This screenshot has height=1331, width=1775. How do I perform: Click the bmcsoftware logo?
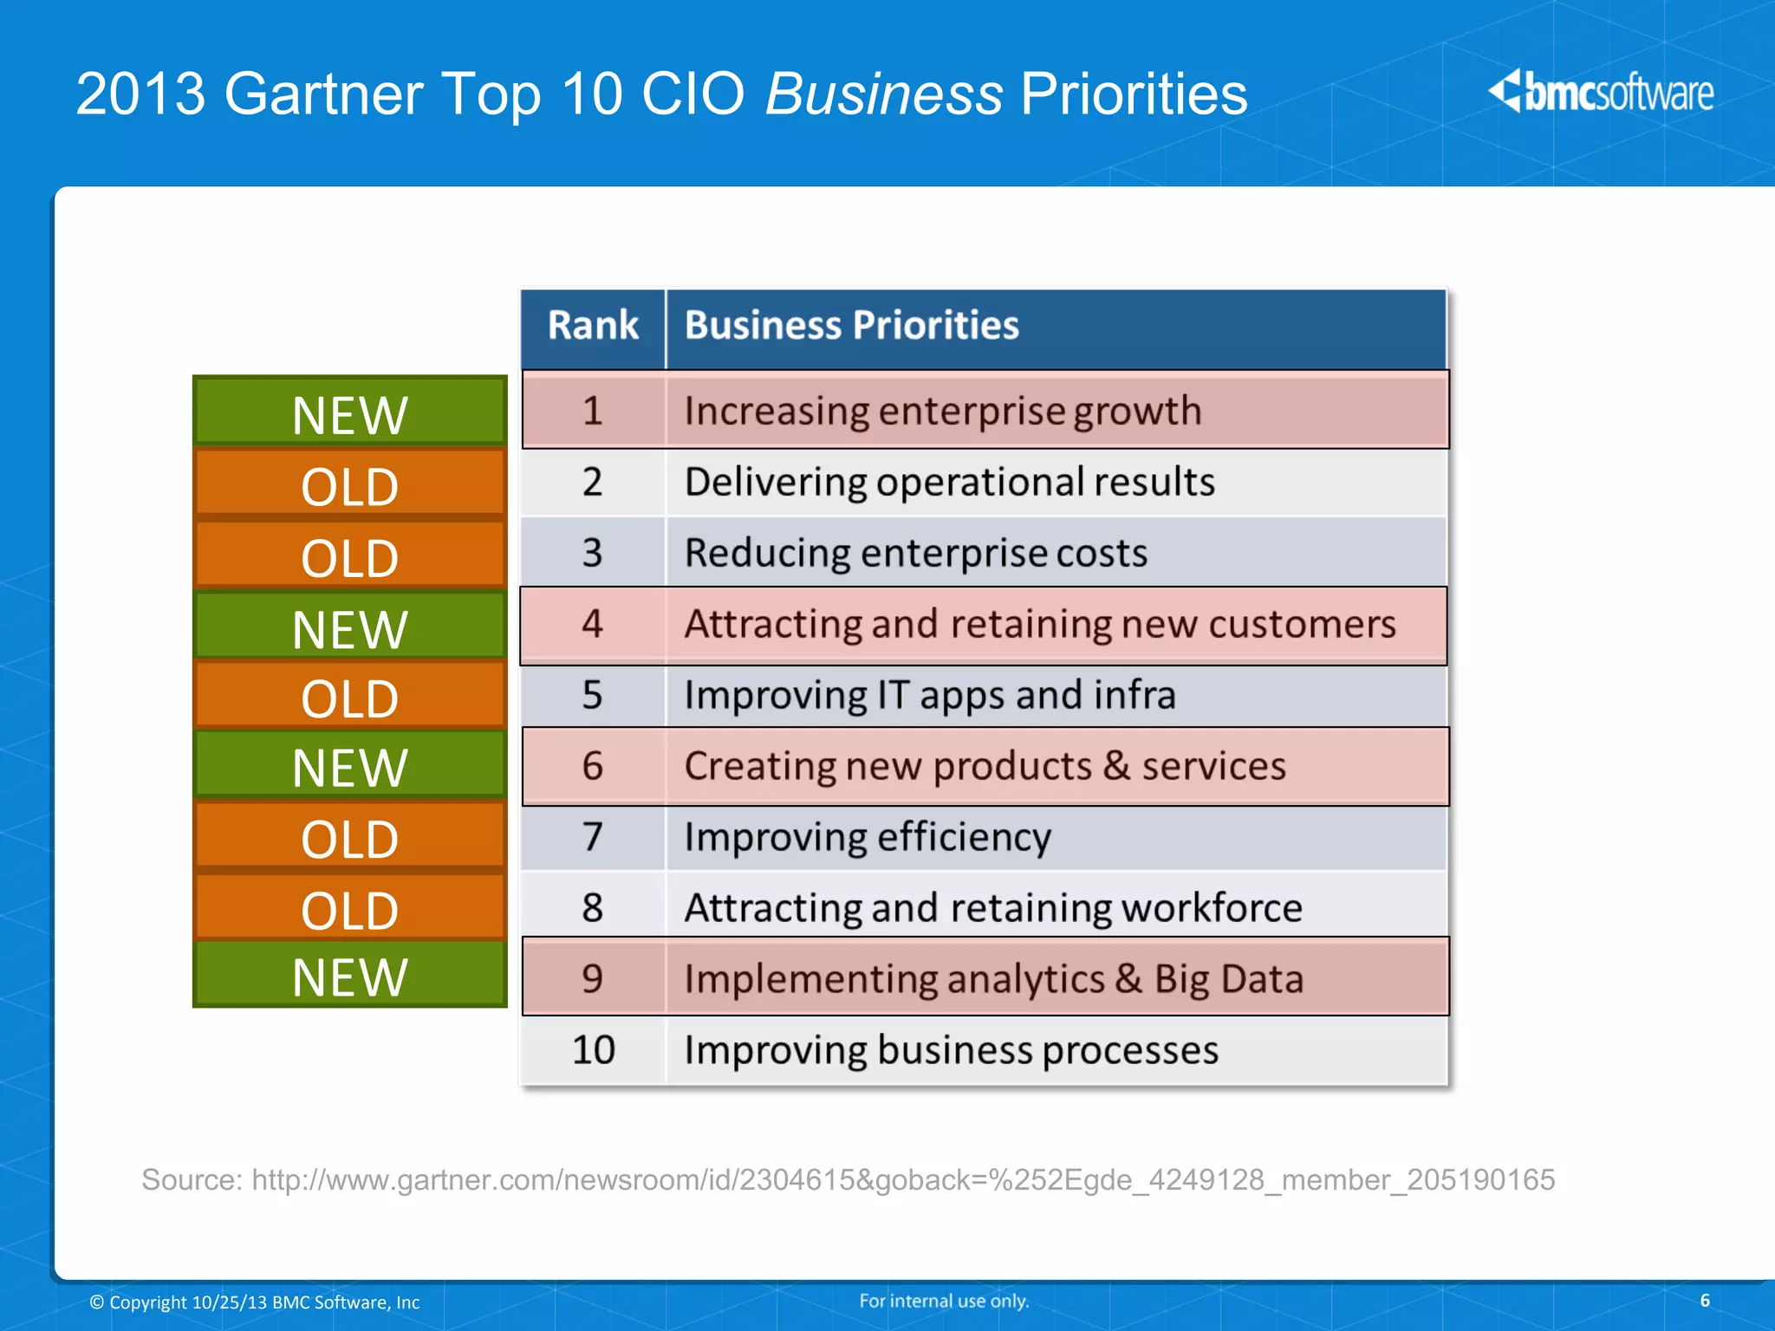(1600, 93)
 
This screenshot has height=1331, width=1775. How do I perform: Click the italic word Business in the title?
(884, 94)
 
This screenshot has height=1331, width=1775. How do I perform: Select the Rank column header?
(593, 327)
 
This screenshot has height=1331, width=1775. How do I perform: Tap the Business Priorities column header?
(851, 327)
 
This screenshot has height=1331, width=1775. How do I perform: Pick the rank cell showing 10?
(593, 1050)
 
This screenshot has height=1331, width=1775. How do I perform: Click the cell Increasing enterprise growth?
(942, 411)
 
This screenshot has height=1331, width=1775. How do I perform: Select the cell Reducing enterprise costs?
(915, 553)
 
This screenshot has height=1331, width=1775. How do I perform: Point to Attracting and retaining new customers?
(1039, 625)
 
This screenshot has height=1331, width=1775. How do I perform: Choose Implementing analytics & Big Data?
(993, 979)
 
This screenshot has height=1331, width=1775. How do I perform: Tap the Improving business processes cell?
(951, 1050)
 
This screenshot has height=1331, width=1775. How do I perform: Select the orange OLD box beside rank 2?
(349, 484)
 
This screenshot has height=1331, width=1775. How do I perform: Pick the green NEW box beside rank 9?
(349, 976)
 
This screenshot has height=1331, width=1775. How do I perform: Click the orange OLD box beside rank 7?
(349, 837)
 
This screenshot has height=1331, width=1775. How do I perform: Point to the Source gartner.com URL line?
(848, 1180)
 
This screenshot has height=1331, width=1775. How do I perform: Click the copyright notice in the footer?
(255, 1302)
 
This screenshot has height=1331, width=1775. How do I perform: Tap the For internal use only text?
(944, 1301)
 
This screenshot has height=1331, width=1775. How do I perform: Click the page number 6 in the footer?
(1705, 1301)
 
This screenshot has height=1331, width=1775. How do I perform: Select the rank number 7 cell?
(593, 837)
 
